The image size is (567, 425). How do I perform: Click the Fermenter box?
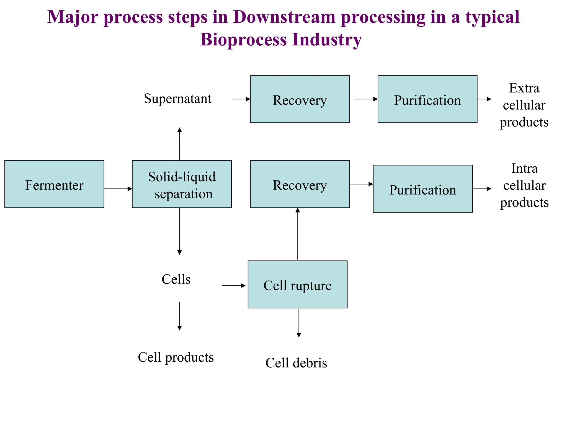pos(54,184)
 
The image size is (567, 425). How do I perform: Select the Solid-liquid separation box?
pos(182,184)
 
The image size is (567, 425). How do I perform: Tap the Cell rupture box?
pos(297,284)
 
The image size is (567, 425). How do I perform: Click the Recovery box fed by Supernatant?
pos(300,99)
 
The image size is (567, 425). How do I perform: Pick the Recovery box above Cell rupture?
pos(300,184)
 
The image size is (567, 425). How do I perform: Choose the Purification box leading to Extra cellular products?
pos(427,99)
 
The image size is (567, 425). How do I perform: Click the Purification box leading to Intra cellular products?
pos(422,189)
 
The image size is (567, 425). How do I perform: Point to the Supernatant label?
pos(177,99)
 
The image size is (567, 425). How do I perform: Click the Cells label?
pos(176,279)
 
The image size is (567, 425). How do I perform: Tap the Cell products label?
pos(176,357)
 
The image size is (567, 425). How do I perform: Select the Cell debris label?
pos(296,363)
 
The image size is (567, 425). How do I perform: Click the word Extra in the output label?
pos(524,89)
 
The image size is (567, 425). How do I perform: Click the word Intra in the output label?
pos(524,169)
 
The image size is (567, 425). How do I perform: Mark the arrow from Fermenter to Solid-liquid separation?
pos(118,189)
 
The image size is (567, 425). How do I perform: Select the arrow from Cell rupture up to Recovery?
pos(298,234)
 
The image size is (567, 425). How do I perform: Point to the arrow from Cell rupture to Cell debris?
pos(299,323)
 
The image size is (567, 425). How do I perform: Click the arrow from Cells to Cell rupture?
pos(234,286)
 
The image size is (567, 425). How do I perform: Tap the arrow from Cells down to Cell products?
pos(179,316)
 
